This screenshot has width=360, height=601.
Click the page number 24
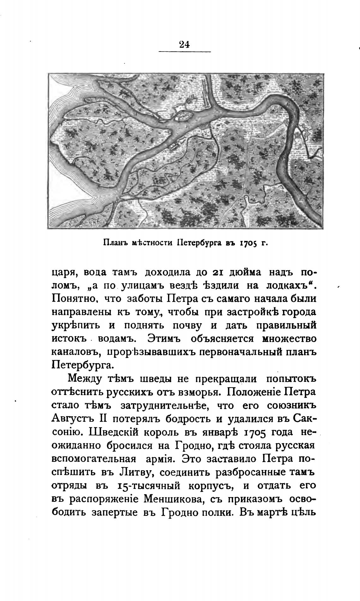click(x=184, y=44)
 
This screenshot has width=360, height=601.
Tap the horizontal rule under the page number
click(x=184, y=51)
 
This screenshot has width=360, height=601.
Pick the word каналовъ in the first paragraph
click(x=74, y=352)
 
